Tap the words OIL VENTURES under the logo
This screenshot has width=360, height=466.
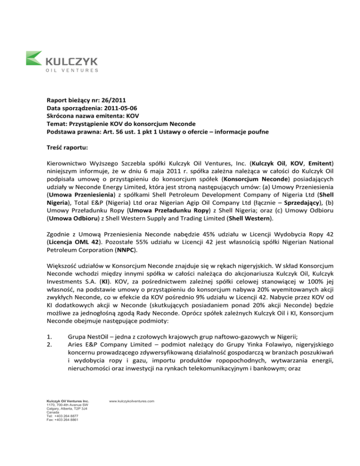click(x=72, y=71)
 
